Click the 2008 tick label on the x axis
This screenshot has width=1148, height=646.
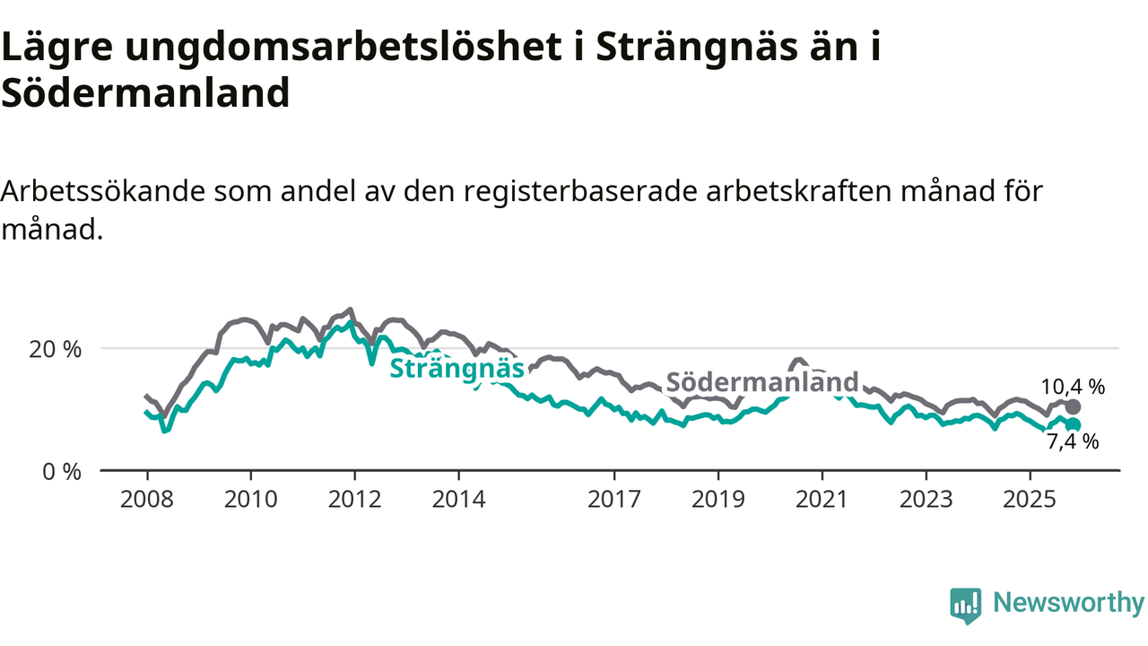[x=146, y=500]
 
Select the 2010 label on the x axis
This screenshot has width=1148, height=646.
[x=250, y=500]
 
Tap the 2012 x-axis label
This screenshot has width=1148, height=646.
[x=354, y=500]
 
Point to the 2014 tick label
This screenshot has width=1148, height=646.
[x=458, y=500]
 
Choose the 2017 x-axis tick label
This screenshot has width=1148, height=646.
[x=614, y=500]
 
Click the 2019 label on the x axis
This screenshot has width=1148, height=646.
[x=717, y=500]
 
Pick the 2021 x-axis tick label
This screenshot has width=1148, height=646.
[x=822, y=500]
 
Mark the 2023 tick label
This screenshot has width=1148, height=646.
[x=926, y=500]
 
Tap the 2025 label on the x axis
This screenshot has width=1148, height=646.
[x=1030, y=500]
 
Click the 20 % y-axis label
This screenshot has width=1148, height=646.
[x=55, y=348]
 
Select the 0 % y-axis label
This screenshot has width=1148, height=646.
[x=61, y=470]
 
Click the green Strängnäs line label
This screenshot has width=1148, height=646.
[x=457, y=369]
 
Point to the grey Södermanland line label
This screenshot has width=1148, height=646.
[x=762, y=381]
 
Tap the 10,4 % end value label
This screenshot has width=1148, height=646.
[x=1073, y=387]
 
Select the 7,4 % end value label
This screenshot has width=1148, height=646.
[x=1073, y=441]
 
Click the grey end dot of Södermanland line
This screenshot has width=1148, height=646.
[x=1073, y=407]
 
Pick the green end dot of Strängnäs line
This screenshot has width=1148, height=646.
[x=1073, y=424]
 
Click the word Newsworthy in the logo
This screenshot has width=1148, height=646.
[x=1068, y=603]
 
